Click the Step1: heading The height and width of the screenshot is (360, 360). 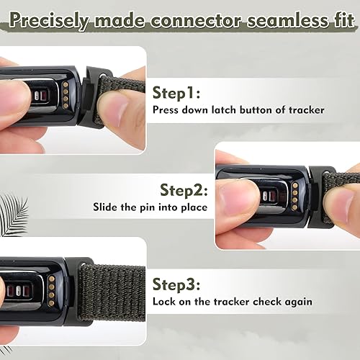pyautogui.click(x=177, y=93)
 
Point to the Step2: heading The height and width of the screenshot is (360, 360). pyautogui.click(x=184, y=191)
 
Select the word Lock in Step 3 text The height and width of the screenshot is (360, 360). pyautogui.click(x=163, y=301)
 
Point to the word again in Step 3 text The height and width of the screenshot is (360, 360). pyautogui.click(x=298, y=301)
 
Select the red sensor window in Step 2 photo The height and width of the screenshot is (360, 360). pyautogui.click(x=275, y=197)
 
